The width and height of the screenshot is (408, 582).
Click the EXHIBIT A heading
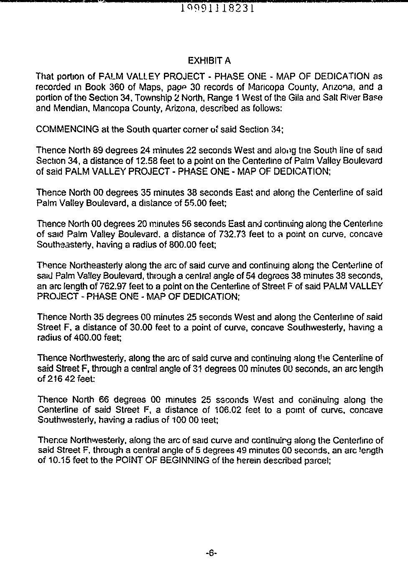209,61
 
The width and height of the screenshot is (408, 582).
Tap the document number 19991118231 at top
217,8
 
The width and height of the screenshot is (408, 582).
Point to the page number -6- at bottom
211,553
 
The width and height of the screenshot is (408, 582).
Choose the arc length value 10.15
57,461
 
